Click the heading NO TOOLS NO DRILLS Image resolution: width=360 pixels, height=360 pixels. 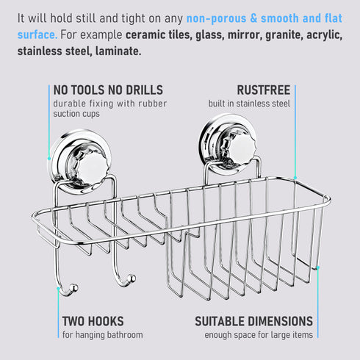108,90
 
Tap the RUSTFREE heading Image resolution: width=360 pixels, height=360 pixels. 264,90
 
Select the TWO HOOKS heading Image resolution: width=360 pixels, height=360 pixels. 93,321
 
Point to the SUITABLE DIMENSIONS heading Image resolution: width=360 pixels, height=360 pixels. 254,321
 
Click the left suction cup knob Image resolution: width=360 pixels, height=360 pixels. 91,168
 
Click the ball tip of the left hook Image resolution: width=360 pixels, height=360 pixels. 73,288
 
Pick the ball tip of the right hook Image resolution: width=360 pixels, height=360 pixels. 132,278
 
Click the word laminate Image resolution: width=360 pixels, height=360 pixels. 118,51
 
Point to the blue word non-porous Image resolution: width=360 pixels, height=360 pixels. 217,18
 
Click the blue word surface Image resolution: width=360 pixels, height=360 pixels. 37,35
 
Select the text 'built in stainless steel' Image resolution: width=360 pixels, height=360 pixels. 249,104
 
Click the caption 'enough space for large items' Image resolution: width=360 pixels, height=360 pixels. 259,335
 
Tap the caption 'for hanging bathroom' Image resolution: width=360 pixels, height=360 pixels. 103,335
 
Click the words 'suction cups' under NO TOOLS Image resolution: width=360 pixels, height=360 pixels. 76,114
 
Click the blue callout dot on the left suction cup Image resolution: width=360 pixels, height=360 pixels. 49,159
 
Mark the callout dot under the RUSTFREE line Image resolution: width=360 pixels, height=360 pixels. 295,178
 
